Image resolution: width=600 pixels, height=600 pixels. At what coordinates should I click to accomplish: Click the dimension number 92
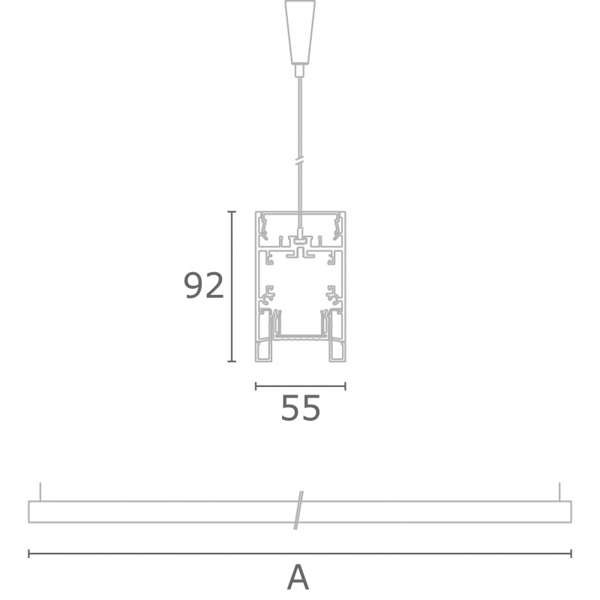tap(203, 286)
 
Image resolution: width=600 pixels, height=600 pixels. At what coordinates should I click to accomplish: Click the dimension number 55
tap(301, 408)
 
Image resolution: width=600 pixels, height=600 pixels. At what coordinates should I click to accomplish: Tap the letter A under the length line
tap(298, 577)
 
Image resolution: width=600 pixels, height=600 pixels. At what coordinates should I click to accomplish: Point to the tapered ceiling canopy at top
tap(300, 31)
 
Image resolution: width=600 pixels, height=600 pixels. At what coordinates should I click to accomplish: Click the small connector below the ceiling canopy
tap(300, 70)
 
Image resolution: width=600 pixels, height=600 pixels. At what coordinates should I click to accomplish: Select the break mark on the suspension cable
tap(300, 161)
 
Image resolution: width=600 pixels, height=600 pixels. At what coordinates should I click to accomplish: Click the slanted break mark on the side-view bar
tap(298, 510)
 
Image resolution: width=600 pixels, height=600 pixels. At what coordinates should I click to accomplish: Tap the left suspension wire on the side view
tap(40, 492)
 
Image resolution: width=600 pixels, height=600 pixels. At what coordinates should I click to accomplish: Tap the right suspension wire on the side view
tap(559, 492)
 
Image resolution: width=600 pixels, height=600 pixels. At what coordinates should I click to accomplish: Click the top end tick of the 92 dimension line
tap(232, 211)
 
